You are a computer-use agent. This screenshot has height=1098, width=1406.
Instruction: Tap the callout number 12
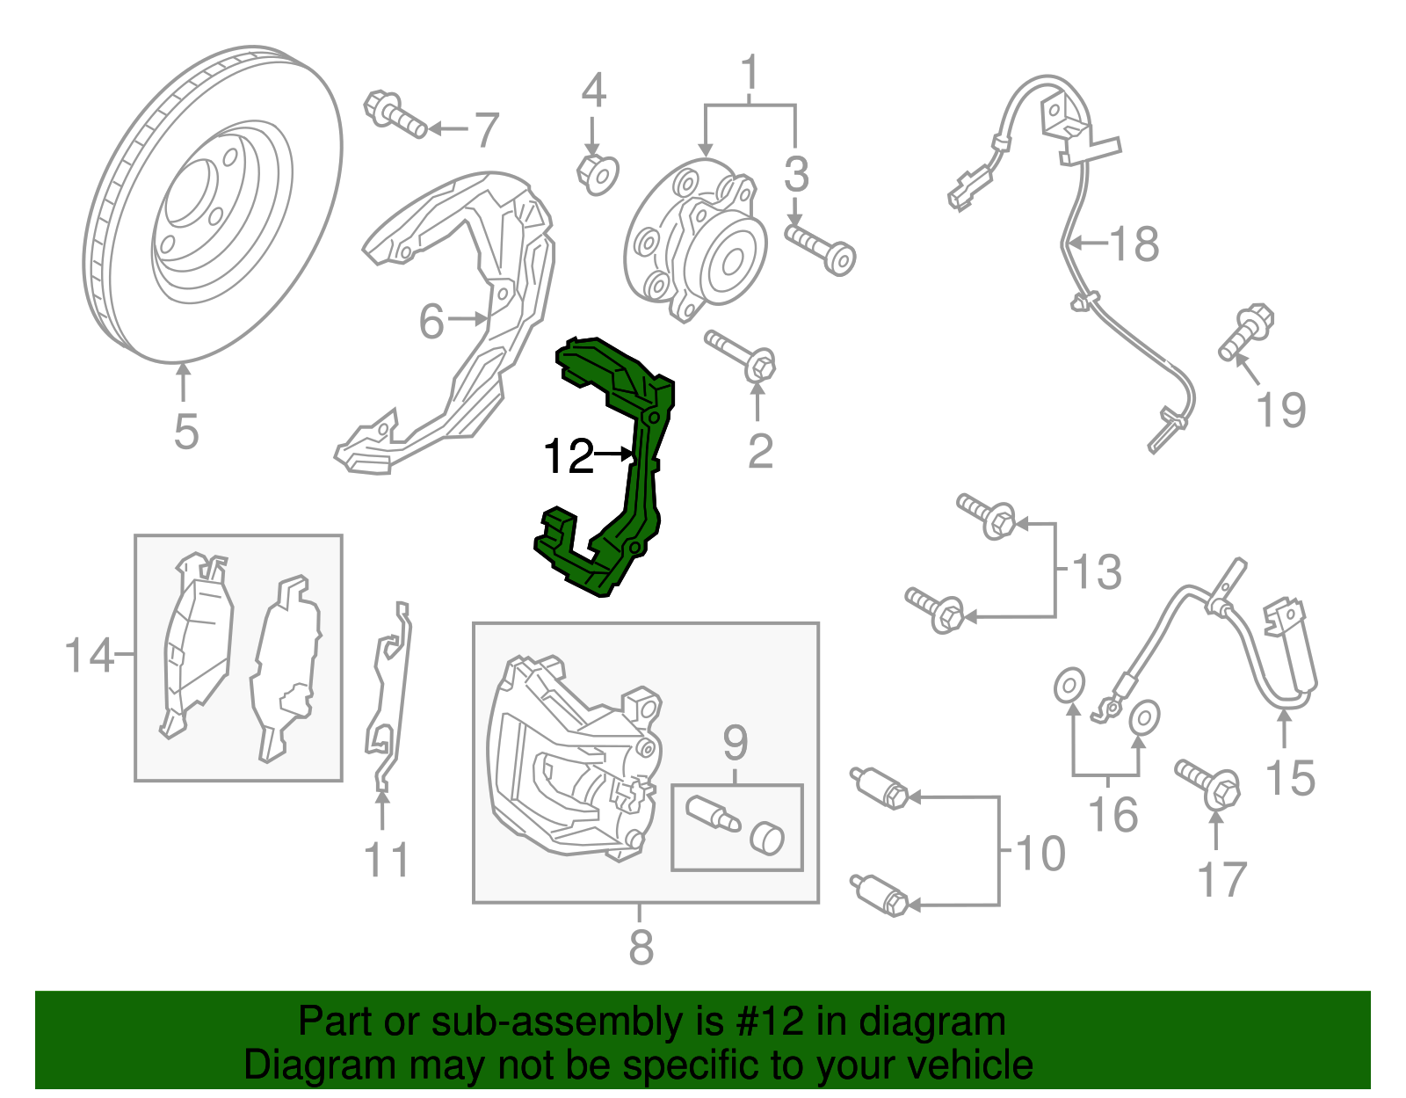(x=569, y=456)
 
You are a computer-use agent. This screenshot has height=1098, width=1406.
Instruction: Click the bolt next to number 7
(x=395, y=115)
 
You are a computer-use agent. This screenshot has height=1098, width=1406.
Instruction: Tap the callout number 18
(x=1134, y=244)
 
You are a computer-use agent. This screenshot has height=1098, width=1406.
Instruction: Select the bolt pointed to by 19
(x=1246, y=331)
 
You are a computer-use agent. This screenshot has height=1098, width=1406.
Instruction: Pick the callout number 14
(x=89, y=656)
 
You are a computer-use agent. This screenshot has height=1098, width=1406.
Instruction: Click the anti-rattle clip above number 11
(x=388, y=694)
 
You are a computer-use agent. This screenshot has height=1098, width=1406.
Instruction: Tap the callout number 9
(x=736, y=744)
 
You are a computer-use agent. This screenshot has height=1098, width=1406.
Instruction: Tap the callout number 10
(x=1040, y=854)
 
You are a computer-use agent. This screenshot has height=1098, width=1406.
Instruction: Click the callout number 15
(x=1290, y=778)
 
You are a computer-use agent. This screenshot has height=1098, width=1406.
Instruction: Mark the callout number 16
(x=1112, y=815)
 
